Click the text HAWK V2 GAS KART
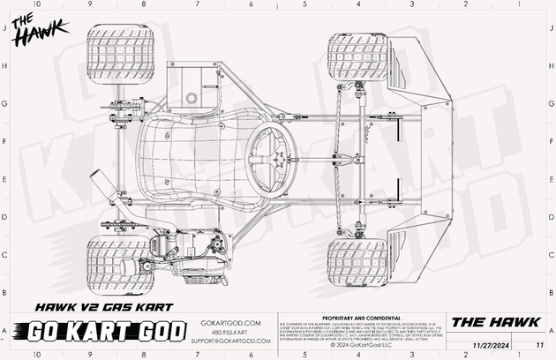pos(99,308)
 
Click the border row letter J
pos(6,29)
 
